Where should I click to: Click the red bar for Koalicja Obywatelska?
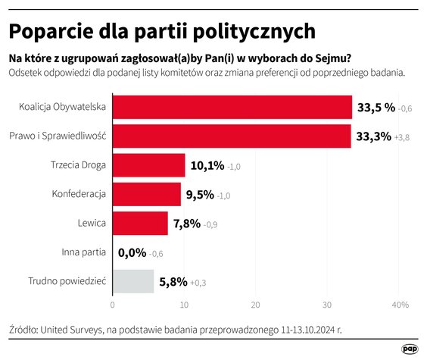pos(232,107)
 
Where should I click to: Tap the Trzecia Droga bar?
pos(148,165)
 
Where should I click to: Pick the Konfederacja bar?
pos(146,194)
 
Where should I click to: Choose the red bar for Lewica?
pos(140,224)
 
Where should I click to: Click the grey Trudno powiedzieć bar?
pos(132,282)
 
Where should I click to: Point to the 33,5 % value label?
pos(376,108)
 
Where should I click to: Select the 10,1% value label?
pos(207,166)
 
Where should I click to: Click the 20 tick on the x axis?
pos(256,305)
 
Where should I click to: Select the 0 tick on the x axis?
pos(113,305)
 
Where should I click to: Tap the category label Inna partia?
pos(83,252)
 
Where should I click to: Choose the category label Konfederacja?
pos(79,194)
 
